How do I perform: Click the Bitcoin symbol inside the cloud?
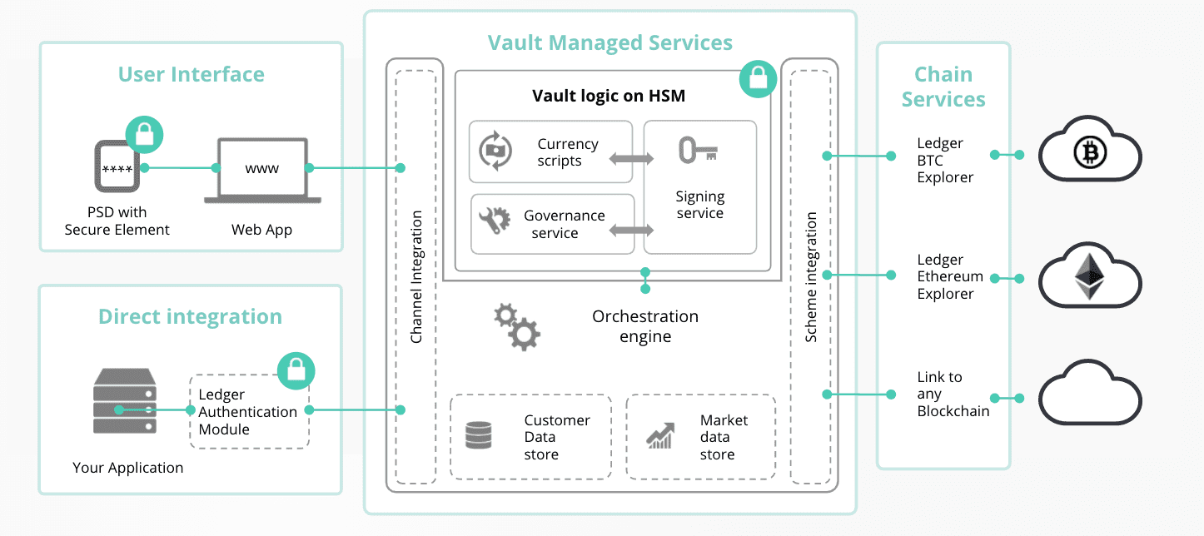[1090, 152]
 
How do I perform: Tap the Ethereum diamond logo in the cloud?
[1089, 276]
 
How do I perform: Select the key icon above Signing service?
[698, 150]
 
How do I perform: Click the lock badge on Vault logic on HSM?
[758, 79]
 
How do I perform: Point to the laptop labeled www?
[262, 171]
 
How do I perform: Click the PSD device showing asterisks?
[117, 166]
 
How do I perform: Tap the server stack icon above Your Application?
[125, 400]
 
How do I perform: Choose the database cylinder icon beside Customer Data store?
[479, 435]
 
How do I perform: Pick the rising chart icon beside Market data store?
[660, 435]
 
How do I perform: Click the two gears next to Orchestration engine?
[517, 326]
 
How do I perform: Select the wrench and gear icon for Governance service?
[495, 221]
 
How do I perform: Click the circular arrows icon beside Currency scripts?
[495, 151]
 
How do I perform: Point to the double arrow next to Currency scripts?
[632, 158]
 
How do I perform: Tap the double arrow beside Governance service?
[632, 231]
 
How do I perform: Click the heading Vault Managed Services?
[610, 43]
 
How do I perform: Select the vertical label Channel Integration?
[416, 276]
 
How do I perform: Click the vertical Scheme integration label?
[811, 277]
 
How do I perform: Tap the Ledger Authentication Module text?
[248, 412]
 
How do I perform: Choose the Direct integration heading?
[191, 317]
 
